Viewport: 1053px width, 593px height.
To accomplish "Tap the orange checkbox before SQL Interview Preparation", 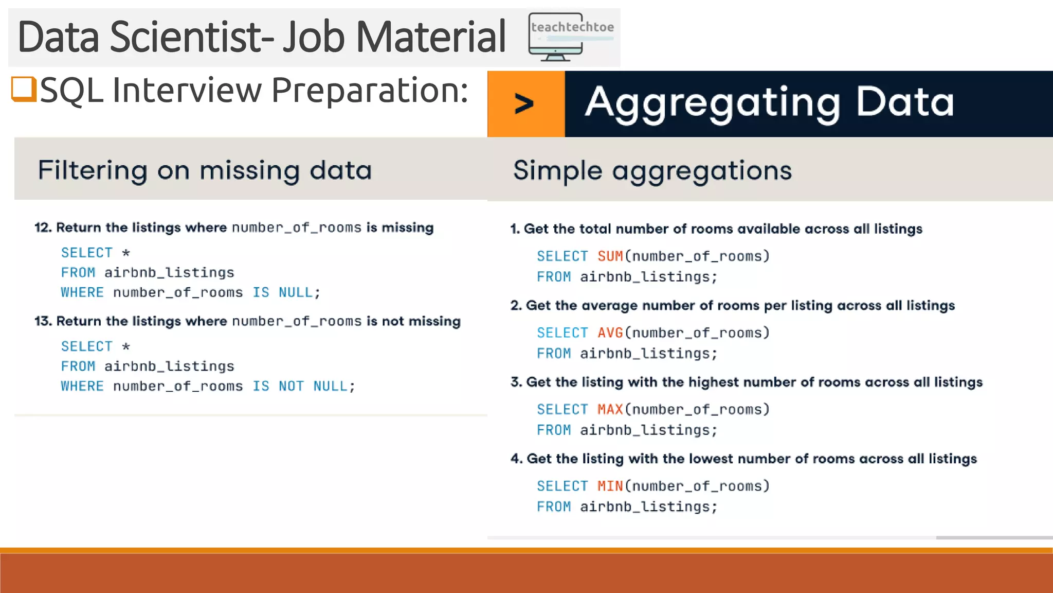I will [x=24, y=89].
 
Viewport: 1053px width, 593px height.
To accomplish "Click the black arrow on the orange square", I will [x=524, y=104].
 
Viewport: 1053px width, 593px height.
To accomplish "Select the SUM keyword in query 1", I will [x=610, y=256].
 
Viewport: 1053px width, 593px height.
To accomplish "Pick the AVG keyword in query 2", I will [x=610, y=333].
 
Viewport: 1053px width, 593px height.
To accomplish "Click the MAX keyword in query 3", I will [x=610, y=410].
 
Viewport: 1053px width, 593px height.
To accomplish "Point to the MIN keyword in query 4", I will [x=610, y=486].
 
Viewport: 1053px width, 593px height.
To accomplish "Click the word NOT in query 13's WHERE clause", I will [x=291, y=387].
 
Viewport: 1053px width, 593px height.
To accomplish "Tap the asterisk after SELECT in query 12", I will [x=126, y=253].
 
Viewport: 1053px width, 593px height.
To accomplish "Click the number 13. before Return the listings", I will [x=43, y=321].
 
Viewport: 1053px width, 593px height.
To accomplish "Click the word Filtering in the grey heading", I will [x=93, y=170].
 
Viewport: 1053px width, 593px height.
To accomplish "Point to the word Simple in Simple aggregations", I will [x=557, y=170].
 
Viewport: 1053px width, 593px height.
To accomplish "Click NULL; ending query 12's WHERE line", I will [x=299, y=293].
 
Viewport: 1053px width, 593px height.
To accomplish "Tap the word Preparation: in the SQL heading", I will [x=369, y=91].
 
